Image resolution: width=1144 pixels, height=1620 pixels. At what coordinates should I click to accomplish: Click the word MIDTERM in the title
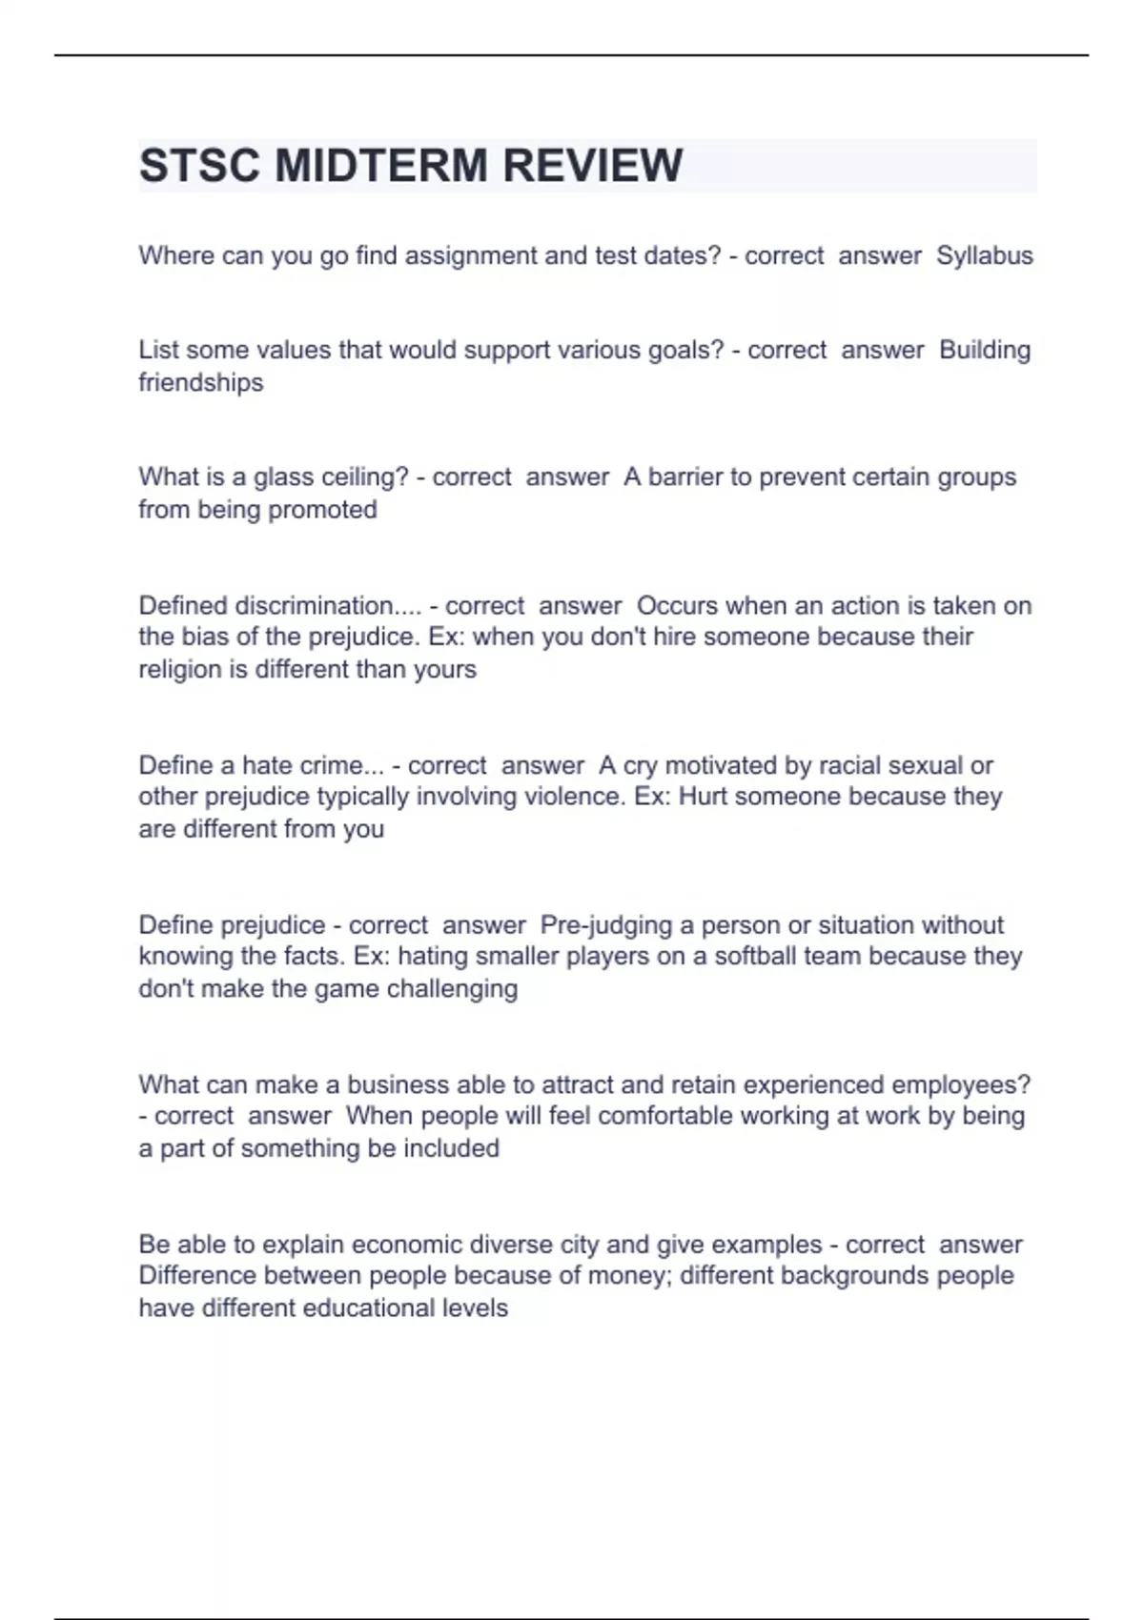(380, 166)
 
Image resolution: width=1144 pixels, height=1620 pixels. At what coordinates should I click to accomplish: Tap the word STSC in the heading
(199, 166)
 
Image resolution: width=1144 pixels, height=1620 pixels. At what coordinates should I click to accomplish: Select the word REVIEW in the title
(593, 166)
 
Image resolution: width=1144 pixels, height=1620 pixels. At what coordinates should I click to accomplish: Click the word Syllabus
(984, 255)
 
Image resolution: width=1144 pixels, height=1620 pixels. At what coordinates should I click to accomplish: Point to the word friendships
(201, 382)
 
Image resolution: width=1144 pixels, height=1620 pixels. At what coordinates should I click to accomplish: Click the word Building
(985, 350)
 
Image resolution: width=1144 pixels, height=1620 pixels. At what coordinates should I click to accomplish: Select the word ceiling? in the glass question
(352, 476)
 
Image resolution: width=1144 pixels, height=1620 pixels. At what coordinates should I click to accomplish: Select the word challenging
(453, 988)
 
